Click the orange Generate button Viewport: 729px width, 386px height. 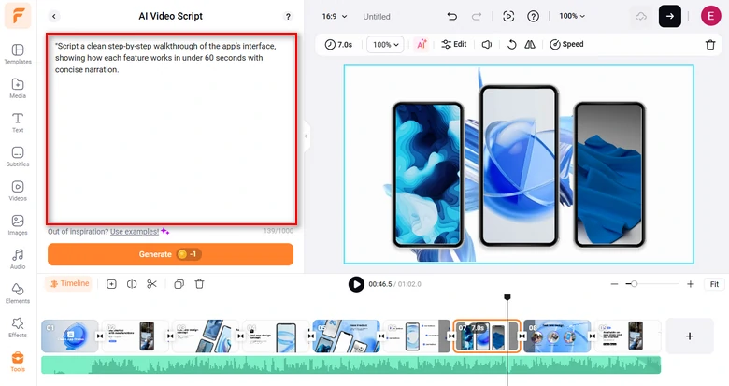point(170,254)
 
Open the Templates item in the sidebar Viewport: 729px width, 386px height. point(17,53)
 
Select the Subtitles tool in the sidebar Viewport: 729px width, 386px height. point(17,156)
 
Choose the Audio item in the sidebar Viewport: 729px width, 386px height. point(17,259)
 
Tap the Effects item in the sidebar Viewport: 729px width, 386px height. point(17,327)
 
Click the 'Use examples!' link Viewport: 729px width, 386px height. point(135,231)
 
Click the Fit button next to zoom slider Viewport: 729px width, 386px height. point(714,284)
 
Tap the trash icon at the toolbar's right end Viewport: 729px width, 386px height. point(710,44)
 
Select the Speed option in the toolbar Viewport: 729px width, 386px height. point(566,44)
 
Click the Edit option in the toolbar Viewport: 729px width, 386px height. point(454,44)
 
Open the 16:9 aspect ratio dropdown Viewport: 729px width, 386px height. point(334,16)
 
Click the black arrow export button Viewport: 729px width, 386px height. point(670,16)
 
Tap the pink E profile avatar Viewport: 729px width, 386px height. point(710,16)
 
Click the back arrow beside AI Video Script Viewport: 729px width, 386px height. point(53,16)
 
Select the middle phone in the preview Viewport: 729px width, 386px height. point(518,166)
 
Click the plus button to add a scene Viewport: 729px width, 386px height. point(689,336)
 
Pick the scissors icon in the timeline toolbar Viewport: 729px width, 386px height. point(152,284)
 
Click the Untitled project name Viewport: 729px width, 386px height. point(377,17)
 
